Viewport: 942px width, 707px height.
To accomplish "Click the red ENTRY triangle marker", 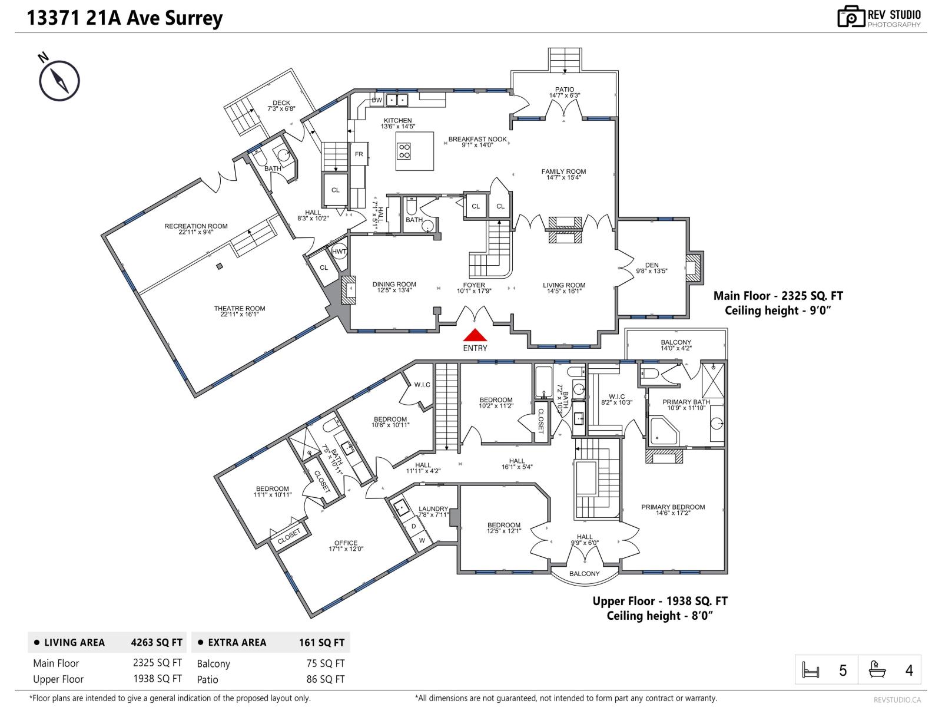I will pyautogui.click(x=475, y=335).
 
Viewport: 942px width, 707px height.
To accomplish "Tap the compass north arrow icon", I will pyautogui.click(x=59, y=81).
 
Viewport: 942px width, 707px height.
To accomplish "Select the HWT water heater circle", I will pyautogui.click(x=339, y=252).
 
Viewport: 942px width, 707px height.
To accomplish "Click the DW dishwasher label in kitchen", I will pyautogui.click(x=377, y=100).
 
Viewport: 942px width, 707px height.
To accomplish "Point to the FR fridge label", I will pyautogui.click(x=359, y=154).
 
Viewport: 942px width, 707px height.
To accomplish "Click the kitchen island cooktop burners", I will pyautogui.click(x=404, y=151).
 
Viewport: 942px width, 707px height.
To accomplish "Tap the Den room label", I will pyautogui.click(x=651, y=265).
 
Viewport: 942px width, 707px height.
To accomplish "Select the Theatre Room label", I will pyautogui.click(x=239, y=308).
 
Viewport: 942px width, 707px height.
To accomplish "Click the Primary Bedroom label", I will pyautogui.click(x=673, y=507).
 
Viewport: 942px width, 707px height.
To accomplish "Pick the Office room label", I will pyautogui.click(x=346, y=543).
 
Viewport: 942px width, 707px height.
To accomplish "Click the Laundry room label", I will pyautogui.click(x=433, y=509).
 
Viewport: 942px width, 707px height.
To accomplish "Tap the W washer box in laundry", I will pyautogui.click(x=422, y=540).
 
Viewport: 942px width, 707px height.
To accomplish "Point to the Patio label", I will pyautogui.click(x=564, y=90).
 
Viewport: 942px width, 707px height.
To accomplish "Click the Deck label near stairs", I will pyautogui.click(x=281, y=103).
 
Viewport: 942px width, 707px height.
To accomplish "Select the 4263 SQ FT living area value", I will pyautogui.click(x=157, y=642).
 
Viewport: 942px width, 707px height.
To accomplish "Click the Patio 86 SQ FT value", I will pyautogui.click(x=326, y=679).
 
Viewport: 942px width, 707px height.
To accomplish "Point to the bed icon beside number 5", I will pyautogui.click(x=811, y=670).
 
